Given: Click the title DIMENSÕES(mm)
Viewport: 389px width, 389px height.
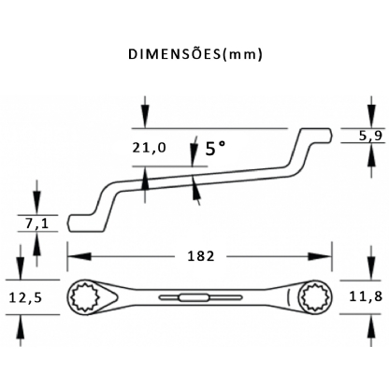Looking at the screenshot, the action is [195, 54].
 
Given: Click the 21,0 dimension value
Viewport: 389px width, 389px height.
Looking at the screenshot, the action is [150, 148].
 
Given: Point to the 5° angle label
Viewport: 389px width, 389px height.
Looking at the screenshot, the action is [215, 148].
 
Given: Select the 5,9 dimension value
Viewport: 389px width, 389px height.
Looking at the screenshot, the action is [370, 136].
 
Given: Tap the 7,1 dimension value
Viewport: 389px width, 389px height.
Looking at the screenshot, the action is [37, 223].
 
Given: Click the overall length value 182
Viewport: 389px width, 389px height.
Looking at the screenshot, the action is [201, 256].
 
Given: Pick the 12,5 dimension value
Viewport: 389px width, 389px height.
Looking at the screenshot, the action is [25, 298].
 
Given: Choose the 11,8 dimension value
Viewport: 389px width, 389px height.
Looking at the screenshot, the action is [366, 296].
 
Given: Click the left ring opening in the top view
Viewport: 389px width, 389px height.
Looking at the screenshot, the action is [85, 296].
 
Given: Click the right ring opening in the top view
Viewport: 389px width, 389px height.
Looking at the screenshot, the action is [314, 297].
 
